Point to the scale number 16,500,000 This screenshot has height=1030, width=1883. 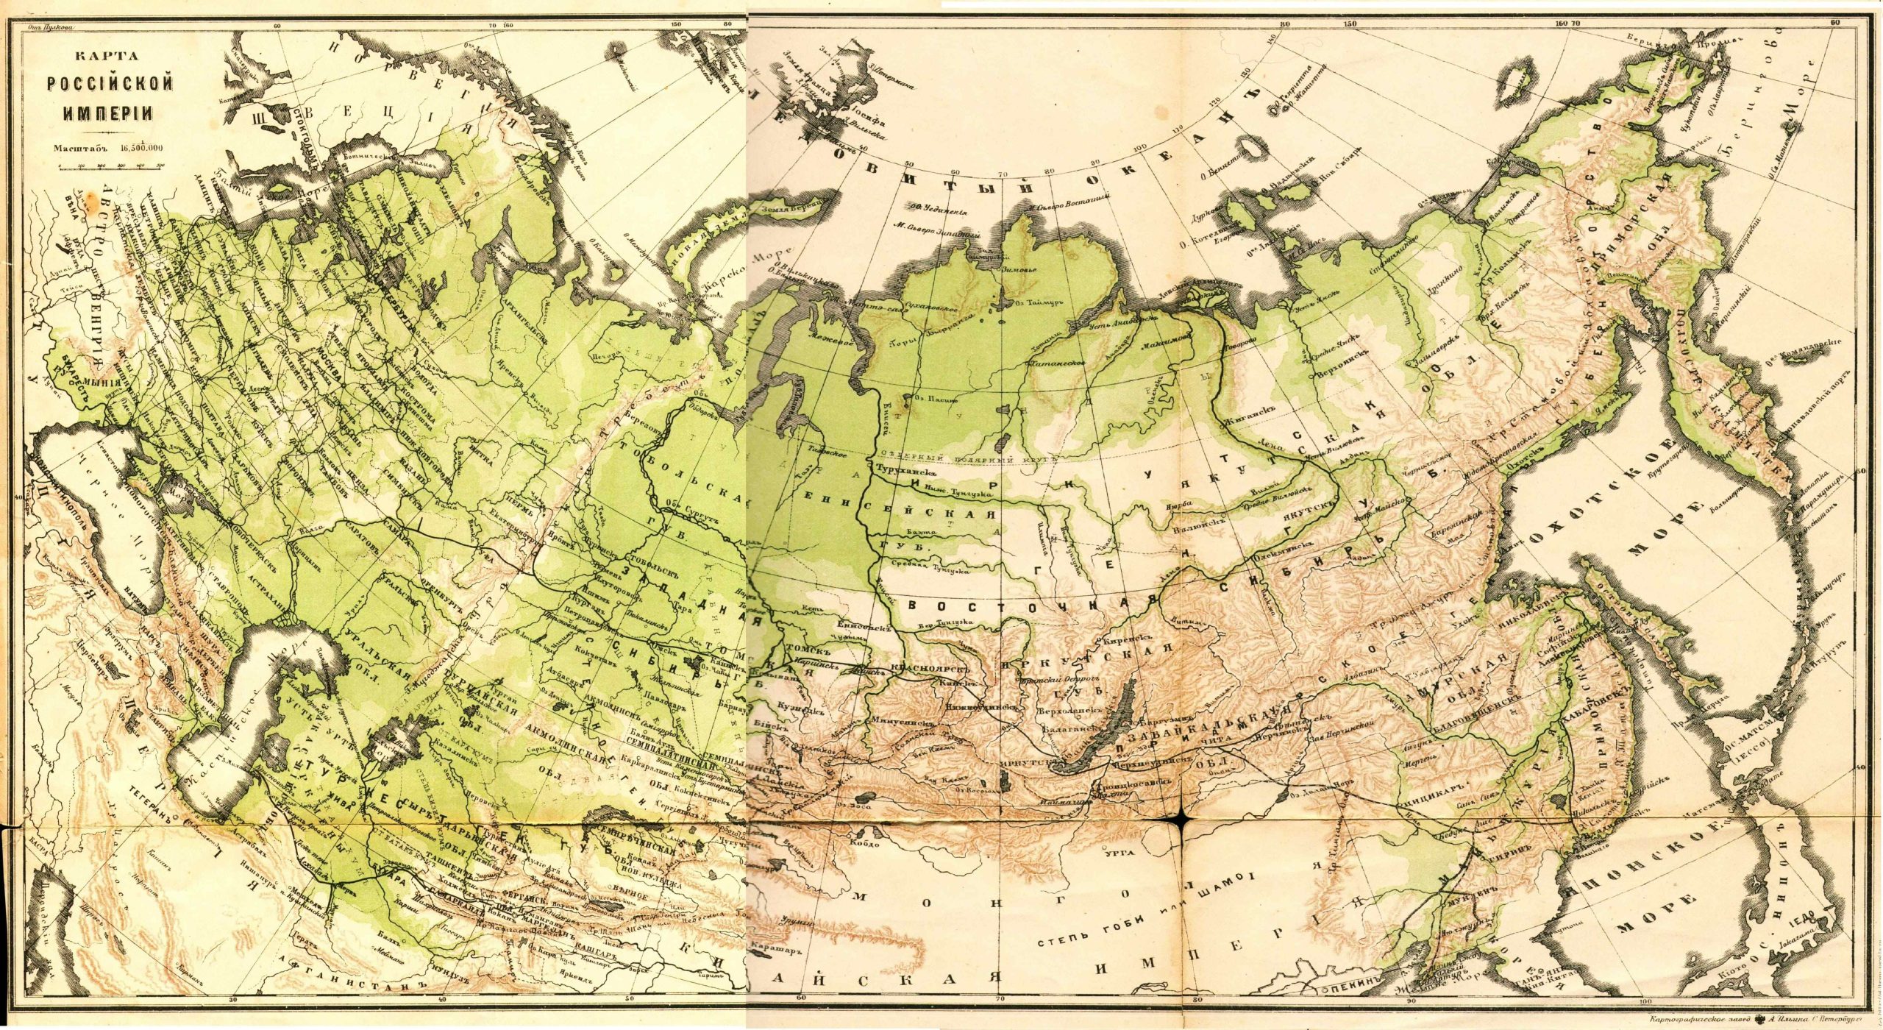pos(140,147)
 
